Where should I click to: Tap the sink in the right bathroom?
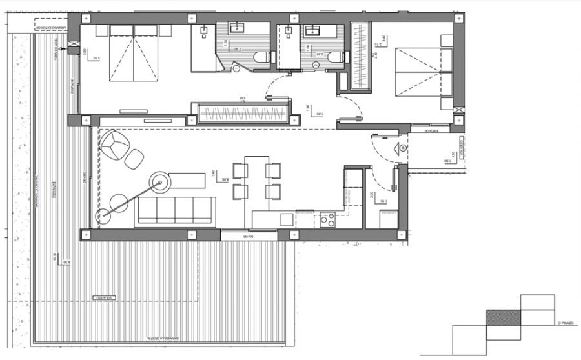point(314,30)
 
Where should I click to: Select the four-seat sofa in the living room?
point(176,210)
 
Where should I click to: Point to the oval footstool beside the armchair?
point(134,158)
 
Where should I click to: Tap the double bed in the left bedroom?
point(134,53)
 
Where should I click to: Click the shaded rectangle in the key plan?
point(503,317)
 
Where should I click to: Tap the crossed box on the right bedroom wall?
point(459,112)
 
